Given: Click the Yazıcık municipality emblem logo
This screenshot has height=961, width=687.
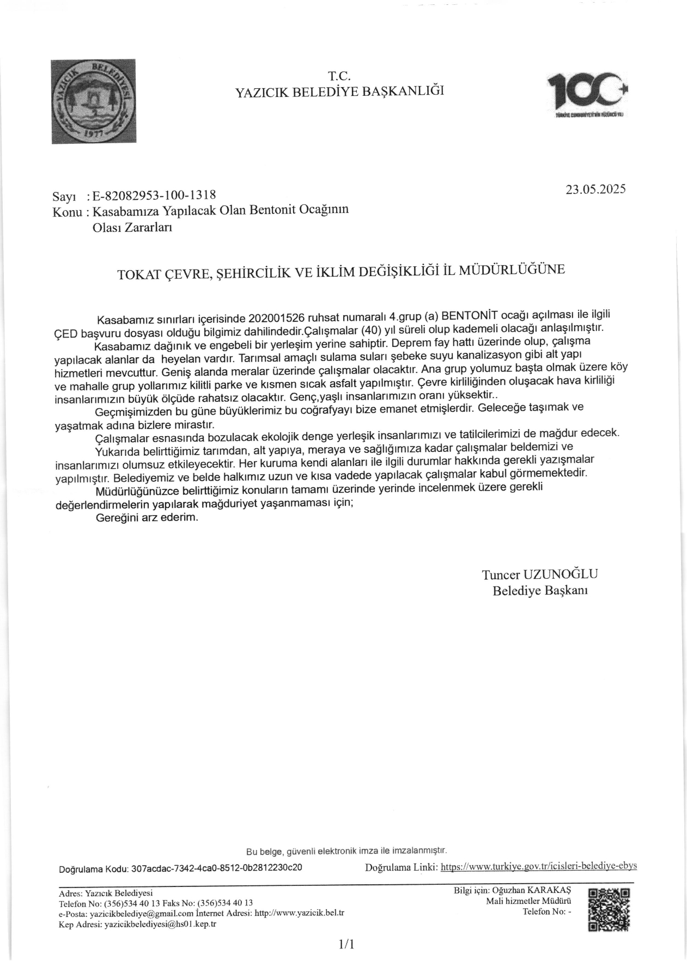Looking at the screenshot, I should tap(93, 101).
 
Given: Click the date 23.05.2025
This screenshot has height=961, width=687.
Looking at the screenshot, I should tap(595, 189).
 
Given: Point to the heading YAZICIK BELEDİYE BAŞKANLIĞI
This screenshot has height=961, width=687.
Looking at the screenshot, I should tap(339, 91).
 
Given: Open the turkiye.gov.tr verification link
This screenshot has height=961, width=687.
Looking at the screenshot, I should tap(538, 866).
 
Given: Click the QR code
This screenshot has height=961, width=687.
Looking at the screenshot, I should tap(609, 909).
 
